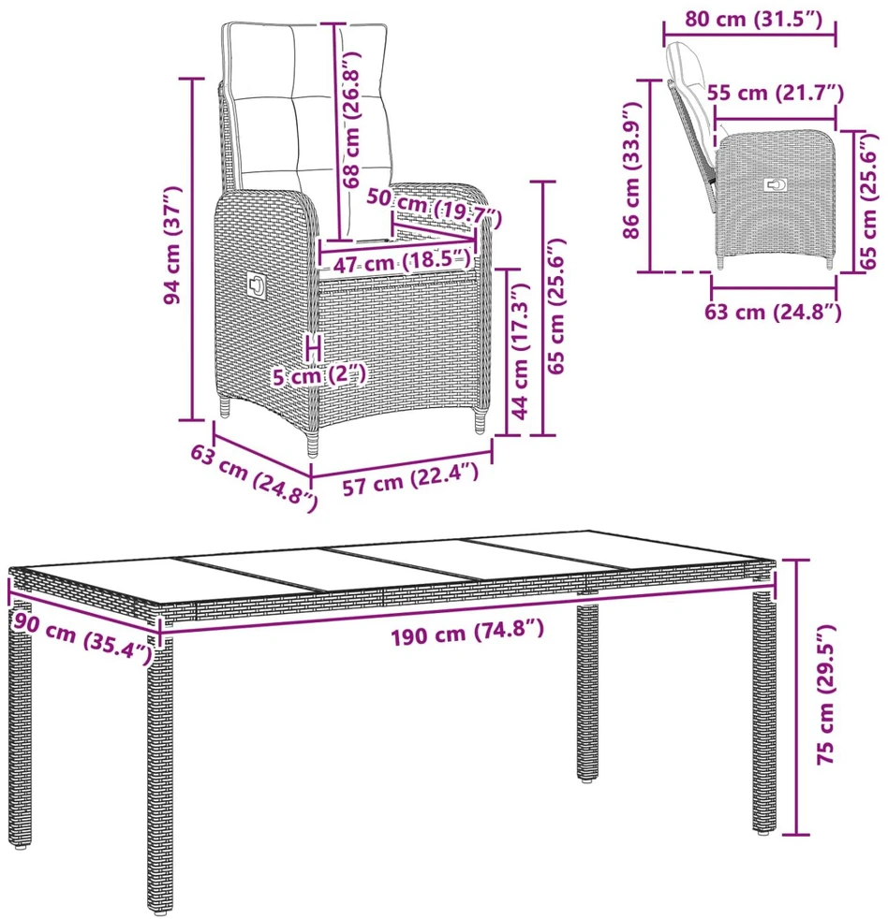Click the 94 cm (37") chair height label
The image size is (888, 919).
[x=173, y=245]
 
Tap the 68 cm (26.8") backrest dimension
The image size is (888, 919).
[x=352, y=120]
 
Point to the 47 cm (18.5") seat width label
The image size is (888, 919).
[x=403, y=261]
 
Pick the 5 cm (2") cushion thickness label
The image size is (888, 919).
[x=319, y=375]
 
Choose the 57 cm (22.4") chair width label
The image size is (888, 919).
[x=410, y=479]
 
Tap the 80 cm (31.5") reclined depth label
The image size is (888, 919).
[x=754, y=19]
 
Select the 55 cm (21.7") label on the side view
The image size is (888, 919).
[x=776, y=93]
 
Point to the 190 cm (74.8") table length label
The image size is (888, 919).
[x=467, y=632]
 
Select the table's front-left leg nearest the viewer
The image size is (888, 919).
[x=159, y=773]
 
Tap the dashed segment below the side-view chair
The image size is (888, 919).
[x=688, y=272]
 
